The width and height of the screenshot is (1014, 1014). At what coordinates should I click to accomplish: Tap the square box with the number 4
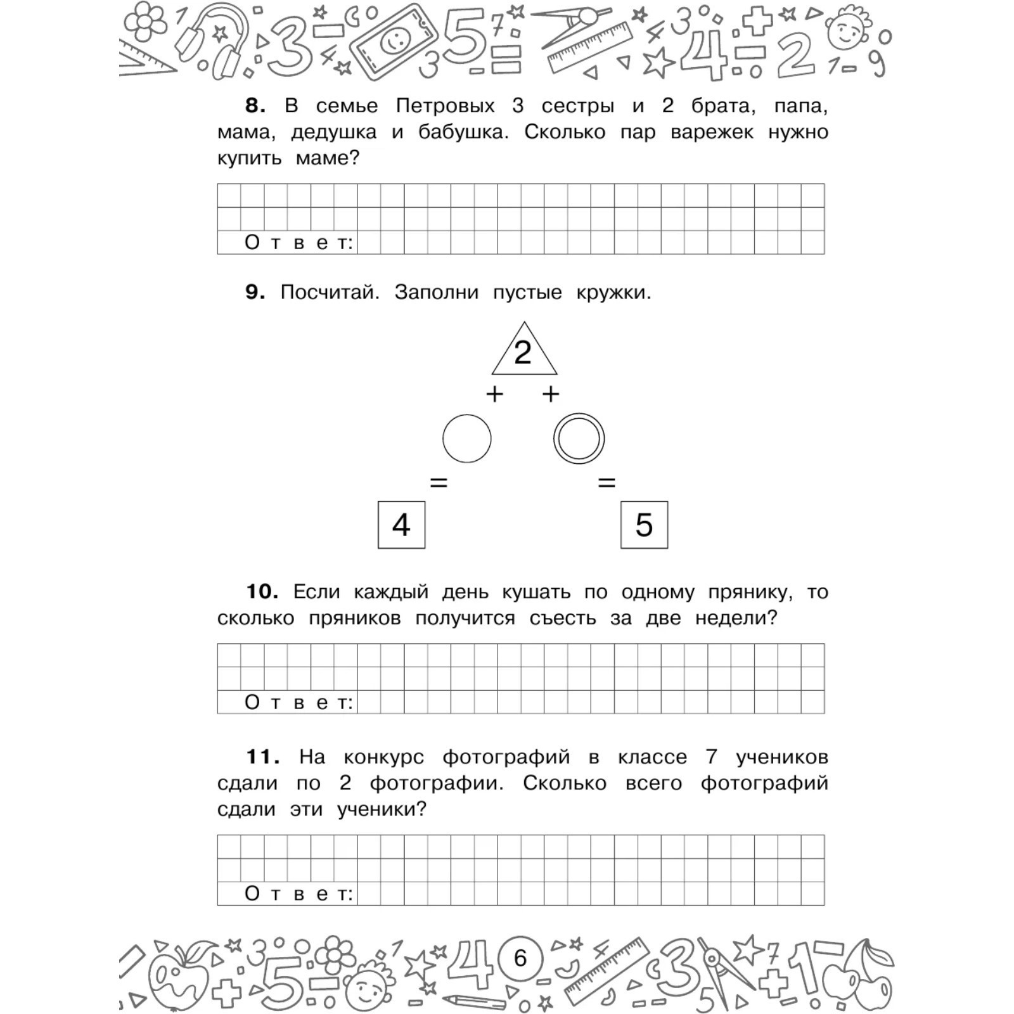401,525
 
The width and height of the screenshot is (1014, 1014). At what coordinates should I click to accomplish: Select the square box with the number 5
644,525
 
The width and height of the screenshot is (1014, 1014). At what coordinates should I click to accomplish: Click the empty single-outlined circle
466,439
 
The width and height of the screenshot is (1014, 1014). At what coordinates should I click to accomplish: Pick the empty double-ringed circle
579,439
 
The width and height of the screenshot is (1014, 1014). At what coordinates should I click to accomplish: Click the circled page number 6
520,958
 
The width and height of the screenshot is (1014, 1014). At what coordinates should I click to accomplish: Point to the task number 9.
255,292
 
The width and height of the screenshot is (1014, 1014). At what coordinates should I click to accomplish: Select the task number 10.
262,592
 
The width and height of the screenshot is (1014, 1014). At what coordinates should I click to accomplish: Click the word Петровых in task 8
445,105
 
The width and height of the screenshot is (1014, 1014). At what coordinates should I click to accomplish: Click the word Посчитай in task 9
330,292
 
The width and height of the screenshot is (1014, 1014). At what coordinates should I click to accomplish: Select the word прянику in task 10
750,592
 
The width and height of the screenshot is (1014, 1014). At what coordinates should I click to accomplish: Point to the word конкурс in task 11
383,757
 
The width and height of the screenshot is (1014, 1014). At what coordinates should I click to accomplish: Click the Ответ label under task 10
298,702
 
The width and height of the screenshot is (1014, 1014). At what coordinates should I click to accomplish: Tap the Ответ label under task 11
298,894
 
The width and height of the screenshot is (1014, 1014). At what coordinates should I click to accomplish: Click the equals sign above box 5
606,483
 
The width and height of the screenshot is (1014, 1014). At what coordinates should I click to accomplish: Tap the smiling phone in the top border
394,43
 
